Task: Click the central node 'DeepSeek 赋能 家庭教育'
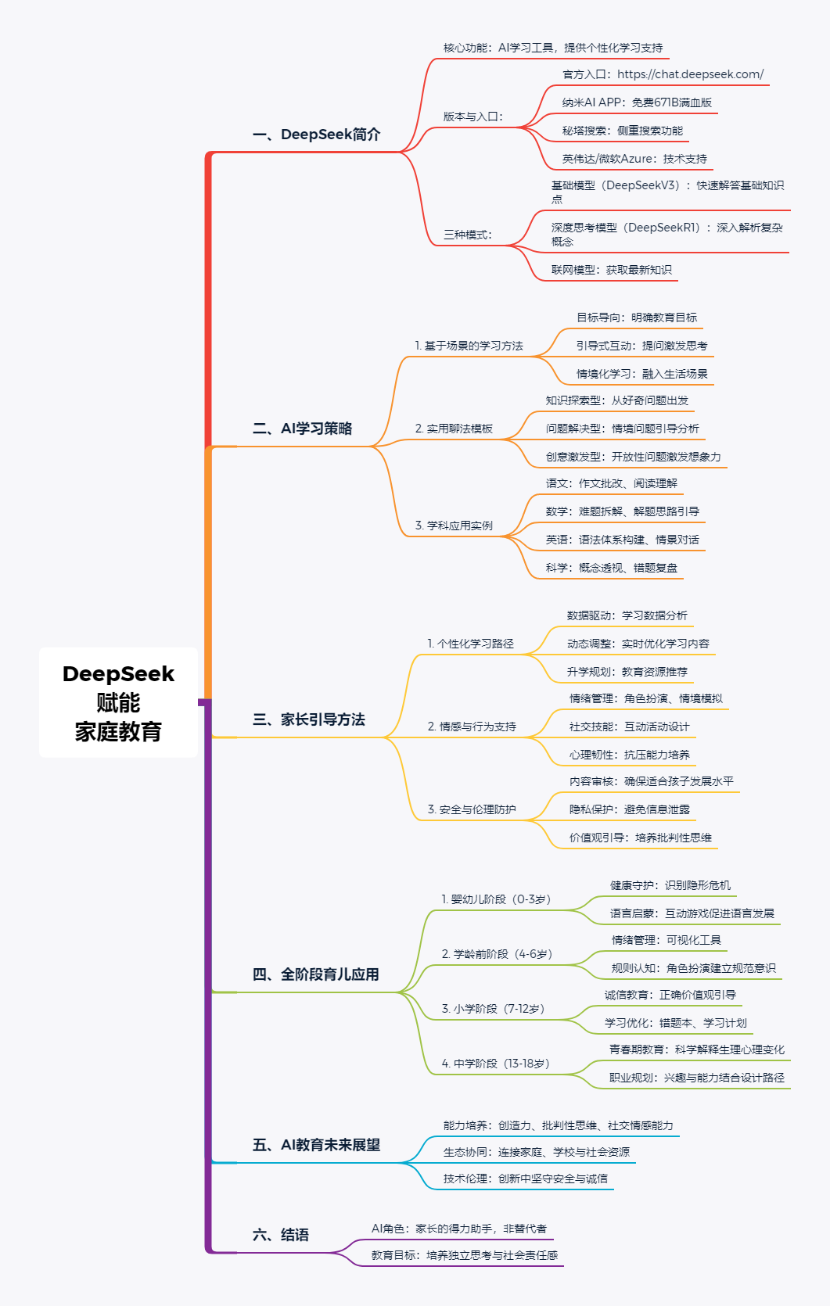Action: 118,702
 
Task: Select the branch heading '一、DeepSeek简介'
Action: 316,135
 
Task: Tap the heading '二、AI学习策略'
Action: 302,429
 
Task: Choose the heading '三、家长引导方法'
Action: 308,719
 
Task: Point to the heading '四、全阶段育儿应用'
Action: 315,974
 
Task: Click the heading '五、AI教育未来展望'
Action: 316,1145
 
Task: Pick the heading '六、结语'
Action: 280,1235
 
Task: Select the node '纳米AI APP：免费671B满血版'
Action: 637,102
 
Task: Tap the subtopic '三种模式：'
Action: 468,235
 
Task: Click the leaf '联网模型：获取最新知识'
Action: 611,270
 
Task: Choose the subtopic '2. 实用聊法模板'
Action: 454,429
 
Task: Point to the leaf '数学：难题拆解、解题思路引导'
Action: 622,511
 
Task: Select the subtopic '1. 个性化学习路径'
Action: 470,644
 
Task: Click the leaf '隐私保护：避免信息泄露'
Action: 629,809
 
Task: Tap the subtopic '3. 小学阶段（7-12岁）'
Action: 493,1009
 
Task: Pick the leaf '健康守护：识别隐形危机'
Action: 670,885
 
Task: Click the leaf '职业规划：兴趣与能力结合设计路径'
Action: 696,1078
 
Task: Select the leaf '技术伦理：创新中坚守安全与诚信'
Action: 525,1179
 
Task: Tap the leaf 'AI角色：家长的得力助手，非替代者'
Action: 458,1229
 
